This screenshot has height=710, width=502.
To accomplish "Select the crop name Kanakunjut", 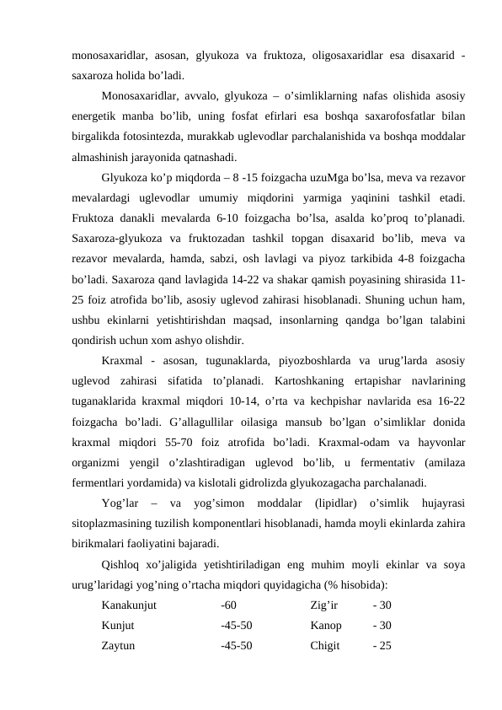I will pos(129,604).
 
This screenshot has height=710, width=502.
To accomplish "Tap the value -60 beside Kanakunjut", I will pos(228,604).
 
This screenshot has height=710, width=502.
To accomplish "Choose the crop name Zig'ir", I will pos(323,604).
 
